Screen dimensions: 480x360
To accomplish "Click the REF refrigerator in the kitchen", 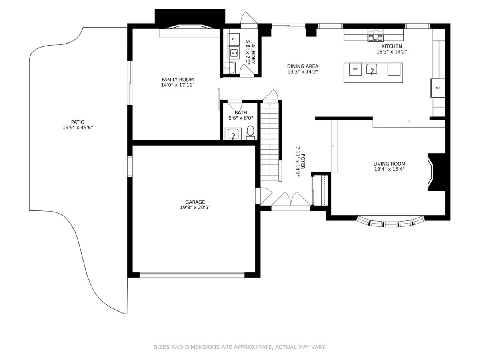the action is tap(437, 88).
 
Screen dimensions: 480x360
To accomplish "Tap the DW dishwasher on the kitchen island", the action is tap(355, 69).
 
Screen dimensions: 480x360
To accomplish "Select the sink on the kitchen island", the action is tap(372, 69).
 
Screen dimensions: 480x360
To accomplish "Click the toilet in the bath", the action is tap(250, 132).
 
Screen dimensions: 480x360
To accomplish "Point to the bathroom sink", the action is tap(233, 134).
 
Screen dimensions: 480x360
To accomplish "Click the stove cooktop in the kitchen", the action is tap(375, 36).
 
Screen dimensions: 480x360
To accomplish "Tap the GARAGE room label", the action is tap(195, 202).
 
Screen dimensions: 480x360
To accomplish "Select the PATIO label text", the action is tap(78, 122).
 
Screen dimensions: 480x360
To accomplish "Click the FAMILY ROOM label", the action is tap(178, 80).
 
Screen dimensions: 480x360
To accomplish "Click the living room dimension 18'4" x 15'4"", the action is tap(389, 169).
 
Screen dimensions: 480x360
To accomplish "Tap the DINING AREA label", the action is tap(303, 66).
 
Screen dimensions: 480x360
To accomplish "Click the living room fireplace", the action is tap(436, 172).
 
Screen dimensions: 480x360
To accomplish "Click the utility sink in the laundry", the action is tap(230, 68).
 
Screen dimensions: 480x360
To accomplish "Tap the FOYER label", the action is tap(303, 162).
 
